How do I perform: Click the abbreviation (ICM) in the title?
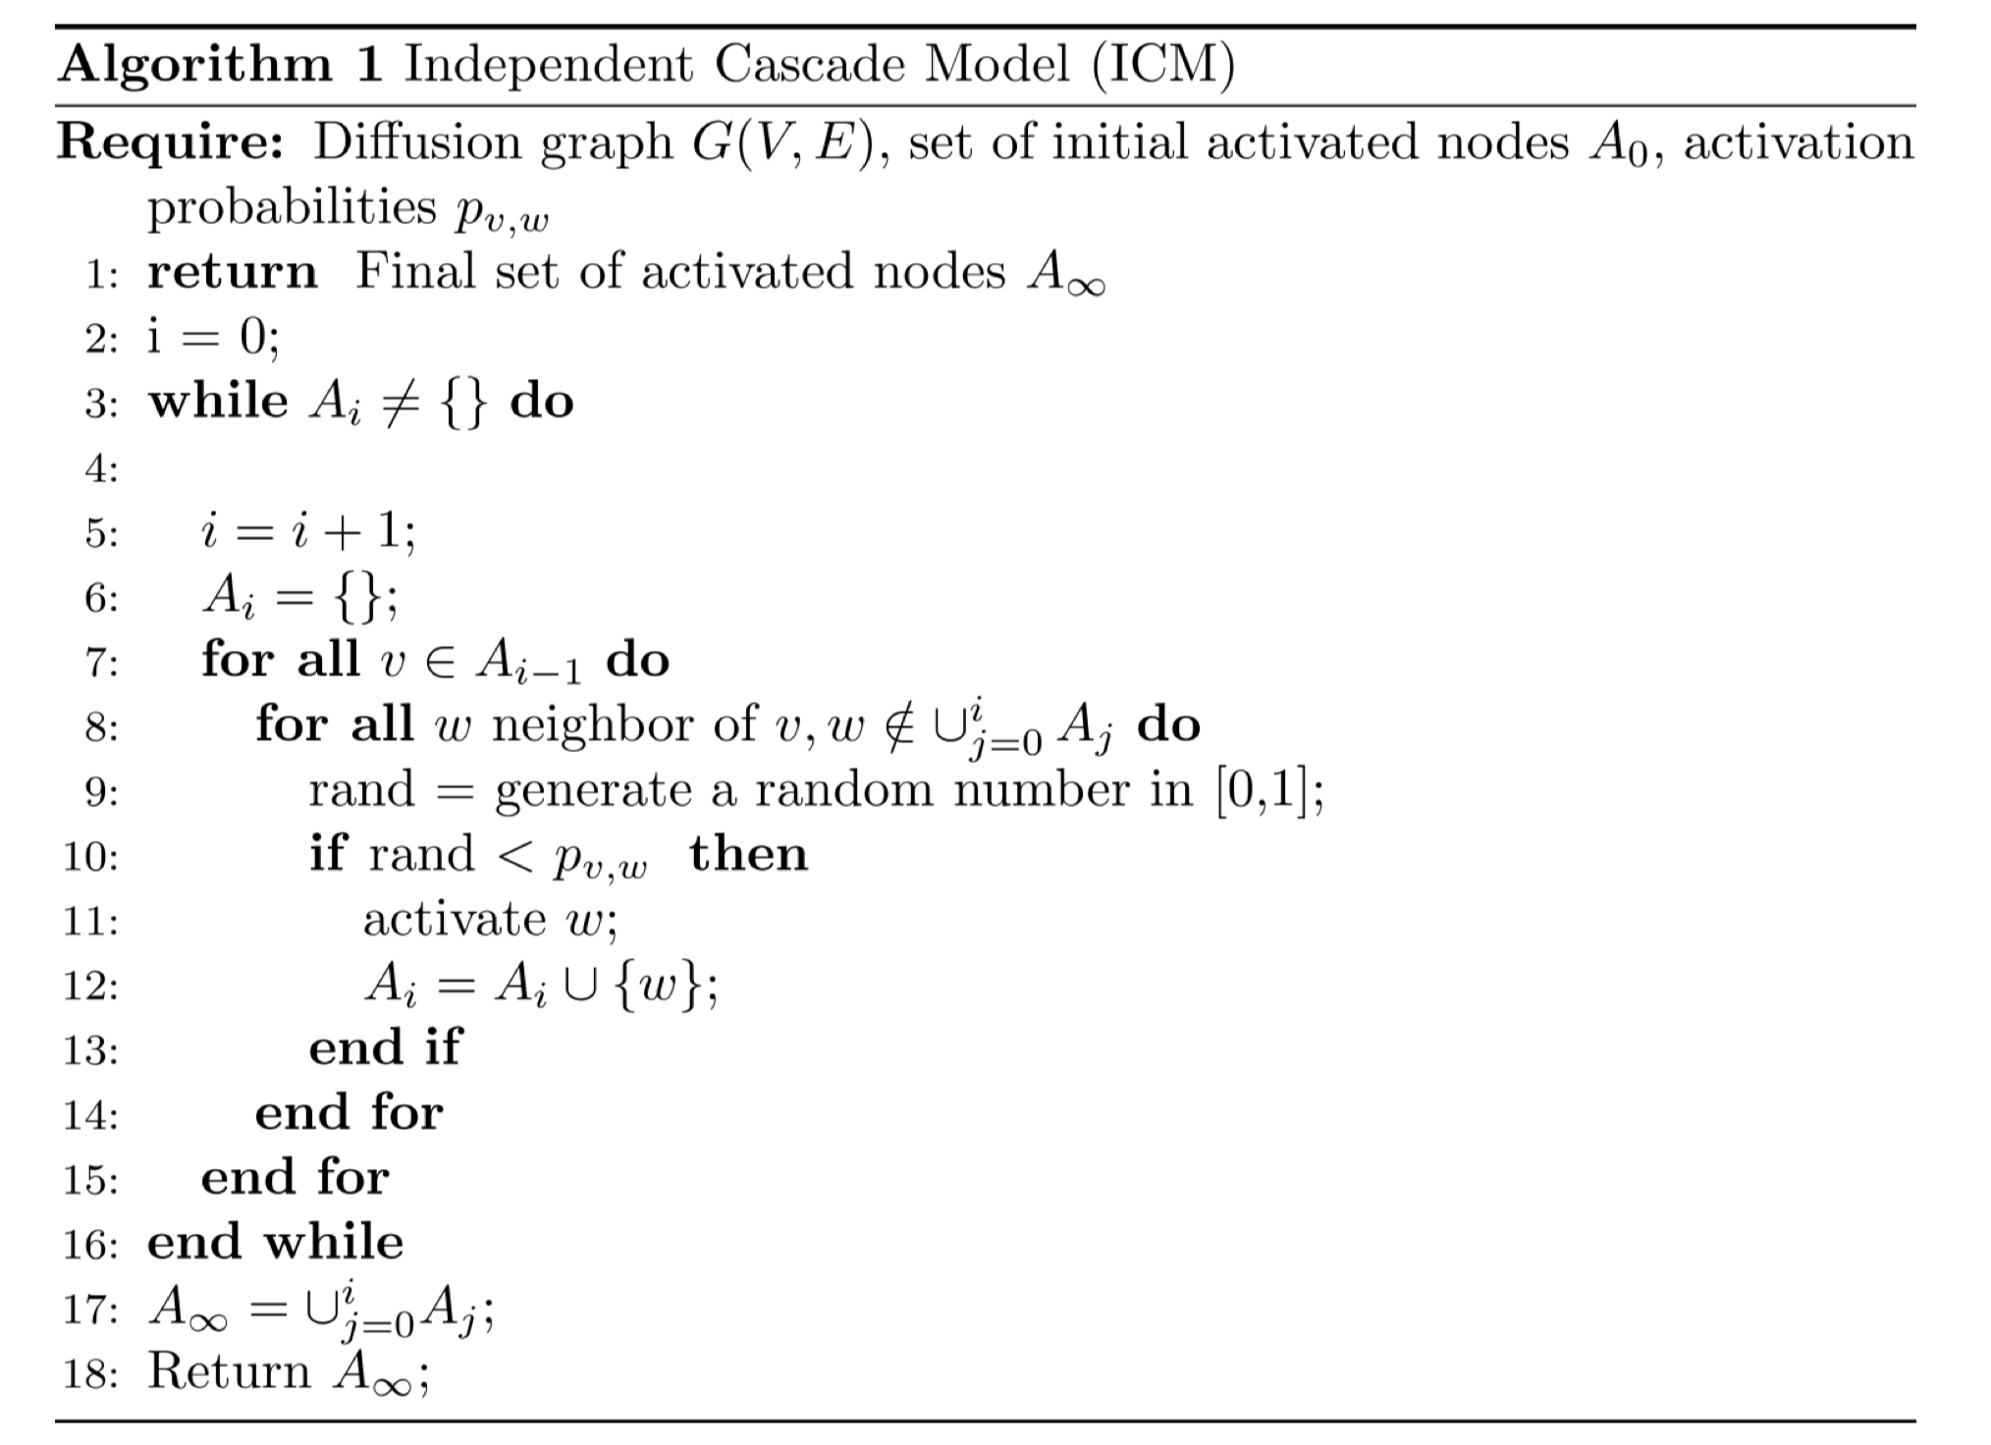coord(1164,67)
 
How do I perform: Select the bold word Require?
coord(171,143)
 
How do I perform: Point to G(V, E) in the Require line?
coord(782,143)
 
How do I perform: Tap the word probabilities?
coord(292,208)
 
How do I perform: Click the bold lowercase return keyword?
coord(233,272)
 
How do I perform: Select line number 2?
coord(100,340)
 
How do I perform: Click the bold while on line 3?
coord(218,401)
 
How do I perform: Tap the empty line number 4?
coord(100,469)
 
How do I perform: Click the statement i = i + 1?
coord(308,533)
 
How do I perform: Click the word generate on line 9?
coord(593,791)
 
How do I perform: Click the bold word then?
coord(748,854)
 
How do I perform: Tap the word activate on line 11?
coord(454,920)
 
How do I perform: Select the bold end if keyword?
coord(384,1048)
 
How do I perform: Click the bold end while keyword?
coord(275,1243)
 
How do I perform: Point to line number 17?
coord(90,1310)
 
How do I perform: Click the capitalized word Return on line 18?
coord(229,1372)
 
